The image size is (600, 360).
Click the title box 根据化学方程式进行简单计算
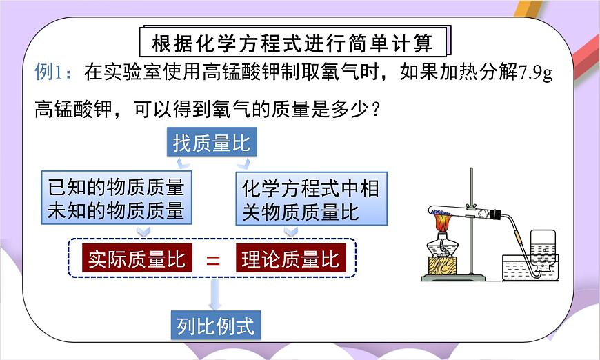coord(293,43)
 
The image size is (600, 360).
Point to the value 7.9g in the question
coord(537,72)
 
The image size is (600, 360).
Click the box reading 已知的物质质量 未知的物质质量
coord(116,199)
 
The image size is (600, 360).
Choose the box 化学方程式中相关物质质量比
coord(310,199)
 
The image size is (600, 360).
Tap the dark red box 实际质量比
coord(137,259)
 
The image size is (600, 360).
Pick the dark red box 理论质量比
coord(290,259)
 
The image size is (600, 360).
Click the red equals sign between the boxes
coord(214,261)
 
